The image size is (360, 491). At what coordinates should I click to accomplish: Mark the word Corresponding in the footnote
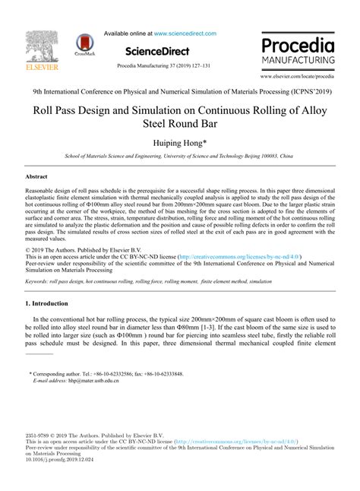click(x=53, y=375)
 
